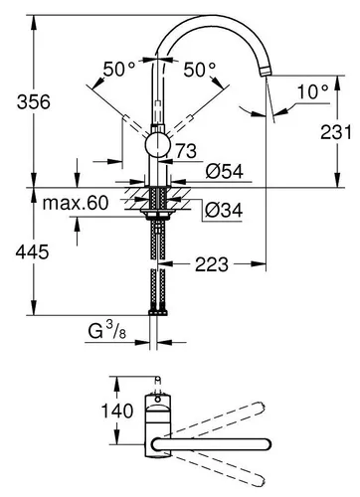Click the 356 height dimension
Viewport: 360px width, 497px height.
(21, 100)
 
